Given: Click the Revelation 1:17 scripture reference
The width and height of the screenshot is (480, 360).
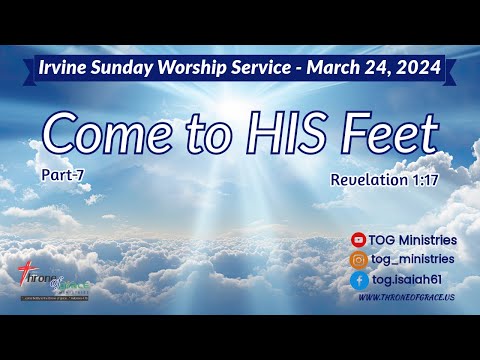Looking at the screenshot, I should coord(385,180).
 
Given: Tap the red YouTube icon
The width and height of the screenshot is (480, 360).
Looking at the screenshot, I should coord(358,240).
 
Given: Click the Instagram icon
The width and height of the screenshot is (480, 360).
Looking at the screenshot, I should coord(358,260).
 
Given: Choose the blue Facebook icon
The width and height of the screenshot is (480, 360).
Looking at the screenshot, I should coord(358,281).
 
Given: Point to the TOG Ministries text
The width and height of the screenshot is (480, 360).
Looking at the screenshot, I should coord(412,240).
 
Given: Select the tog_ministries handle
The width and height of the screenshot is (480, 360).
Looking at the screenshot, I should coord(412,260).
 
